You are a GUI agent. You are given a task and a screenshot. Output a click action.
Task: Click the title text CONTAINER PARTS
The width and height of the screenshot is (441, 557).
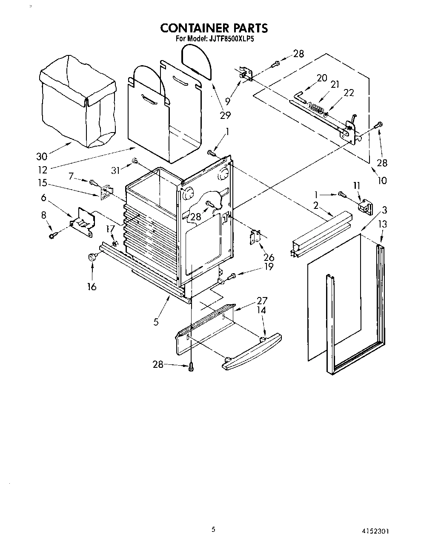[x=214, y=28]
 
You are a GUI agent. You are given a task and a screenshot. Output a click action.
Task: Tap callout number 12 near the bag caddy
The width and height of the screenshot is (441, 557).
[x=43, y=170]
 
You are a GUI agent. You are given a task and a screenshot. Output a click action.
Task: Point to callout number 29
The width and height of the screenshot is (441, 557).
[x=225, y=115]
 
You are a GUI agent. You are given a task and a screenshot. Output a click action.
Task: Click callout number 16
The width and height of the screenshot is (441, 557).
[x=92, y=286]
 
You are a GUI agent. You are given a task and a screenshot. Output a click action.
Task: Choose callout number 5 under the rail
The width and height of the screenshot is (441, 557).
[x=156, y=322]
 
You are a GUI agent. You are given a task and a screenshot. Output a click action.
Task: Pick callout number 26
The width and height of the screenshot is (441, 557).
[x=269, y=257]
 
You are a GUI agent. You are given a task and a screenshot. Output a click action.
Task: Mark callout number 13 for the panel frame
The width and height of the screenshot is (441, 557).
[x=383, y=223]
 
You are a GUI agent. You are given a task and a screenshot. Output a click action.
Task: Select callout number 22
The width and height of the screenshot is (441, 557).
[x=349, y=92]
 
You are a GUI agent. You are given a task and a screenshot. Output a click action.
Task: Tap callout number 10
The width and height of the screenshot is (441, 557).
[x=382, y=180]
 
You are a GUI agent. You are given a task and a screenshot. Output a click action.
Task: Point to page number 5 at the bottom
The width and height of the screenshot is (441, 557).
[x=213, y=529]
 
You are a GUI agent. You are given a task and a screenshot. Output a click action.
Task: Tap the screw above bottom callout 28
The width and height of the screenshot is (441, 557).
[x=191, y=366]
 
